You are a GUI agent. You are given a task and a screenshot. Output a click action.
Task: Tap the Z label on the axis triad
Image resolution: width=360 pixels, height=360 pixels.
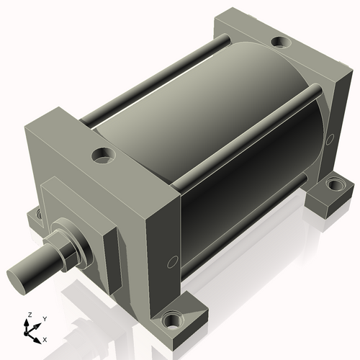[x=29, y=315]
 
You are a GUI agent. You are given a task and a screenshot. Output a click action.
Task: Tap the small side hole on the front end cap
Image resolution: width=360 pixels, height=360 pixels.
[x=171, y=262]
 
